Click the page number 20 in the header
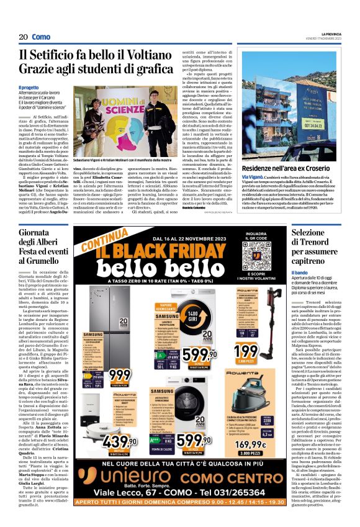tap(23, 37)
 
